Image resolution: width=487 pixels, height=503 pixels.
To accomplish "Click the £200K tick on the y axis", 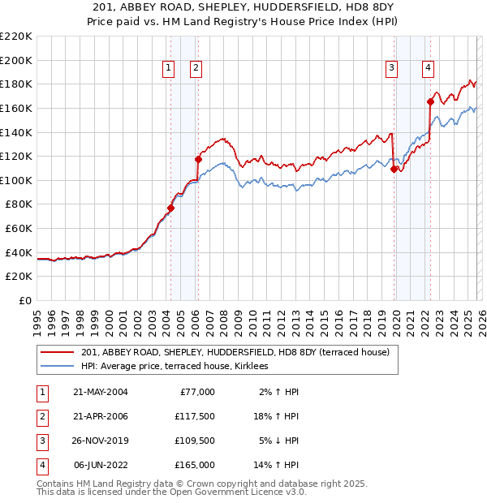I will tap(16, 60).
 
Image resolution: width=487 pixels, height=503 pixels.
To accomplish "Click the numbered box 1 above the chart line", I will tap(168, 69).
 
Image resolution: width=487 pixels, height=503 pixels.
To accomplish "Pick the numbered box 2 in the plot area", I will tap(196, 69).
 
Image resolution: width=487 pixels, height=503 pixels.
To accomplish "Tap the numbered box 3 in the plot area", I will tap(391, 69).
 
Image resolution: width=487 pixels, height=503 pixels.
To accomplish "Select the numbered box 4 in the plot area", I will tap(427, 69).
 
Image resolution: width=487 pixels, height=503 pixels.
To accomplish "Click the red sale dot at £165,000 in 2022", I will tap(430, 101).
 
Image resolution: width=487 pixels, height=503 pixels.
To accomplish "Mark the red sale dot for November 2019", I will tap(394, 169).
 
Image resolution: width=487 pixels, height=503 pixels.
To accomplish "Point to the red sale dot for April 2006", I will tap(198, 159).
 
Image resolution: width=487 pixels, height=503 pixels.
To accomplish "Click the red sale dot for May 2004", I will tap(170, 208).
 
